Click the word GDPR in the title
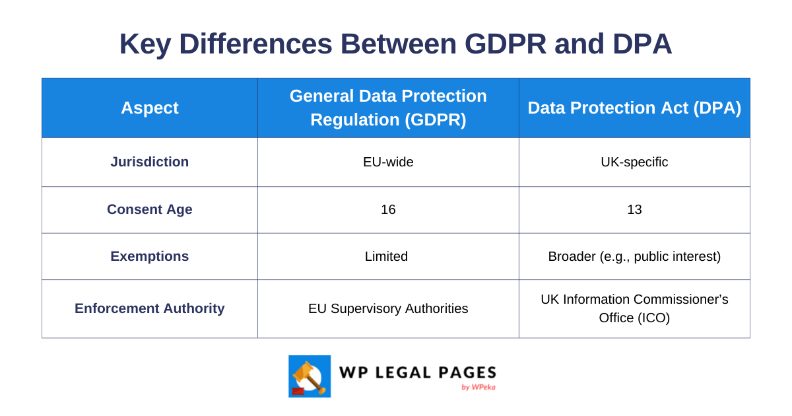505,44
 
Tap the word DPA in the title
642,44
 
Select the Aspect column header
149,108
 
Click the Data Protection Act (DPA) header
634,108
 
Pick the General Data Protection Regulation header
388,108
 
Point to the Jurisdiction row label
149,162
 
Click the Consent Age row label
149,209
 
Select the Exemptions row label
149,256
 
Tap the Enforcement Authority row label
149,308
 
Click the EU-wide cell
388,162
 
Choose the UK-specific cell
634,162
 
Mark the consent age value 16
388,209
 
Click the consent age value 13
634,209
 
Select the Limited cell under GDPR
386,256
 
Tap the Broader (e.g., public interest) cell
634,256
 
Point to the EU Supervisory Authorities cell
388,308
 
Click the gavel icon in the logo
309,376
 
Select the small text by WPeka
478,387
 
